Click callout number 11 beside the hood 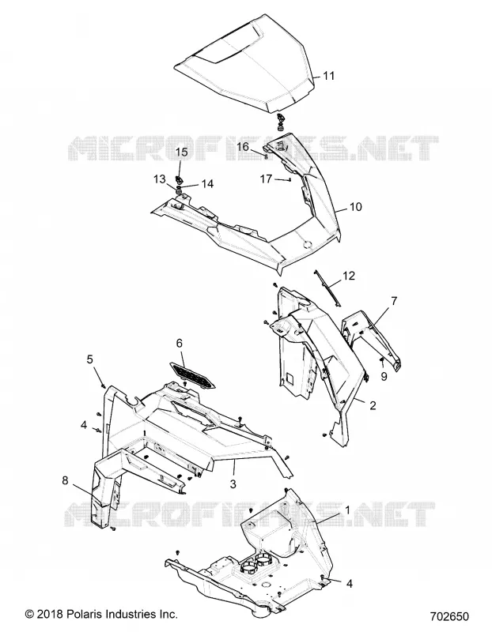coord(329,76)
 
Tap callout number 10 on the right coord(355,207)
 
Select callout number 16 coord(244,147)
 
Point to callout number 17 coord(266,179)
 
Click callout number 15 coord(182,152)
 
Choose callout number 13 coord(160,179)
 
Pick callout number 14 coord(207,184)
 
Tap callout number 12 coord(349,276)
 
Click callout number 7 coord(394,301)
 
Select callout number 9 coord(384,376)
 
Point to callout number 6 coord(180,344)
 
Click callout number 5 coord(89,359)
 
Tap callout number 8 coord(65,480)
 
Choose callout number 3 coord(233,483)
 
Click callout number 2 coord(373,405)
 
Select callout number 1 coord(347,510)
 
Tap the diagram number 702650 coord(449,617)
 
